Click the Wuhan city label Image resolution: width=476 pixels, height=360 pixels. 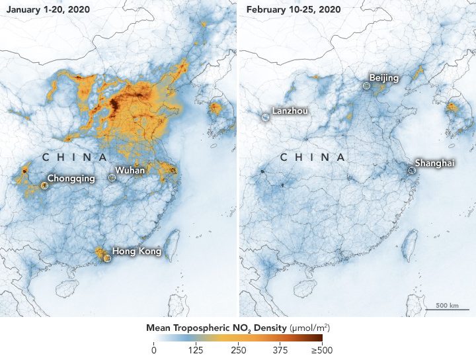tap(130, 171)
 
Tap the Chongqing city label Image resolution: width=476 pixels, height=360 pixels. tap(71, 179)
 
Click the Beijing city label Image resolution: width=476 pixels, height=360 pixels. tap(384, 78)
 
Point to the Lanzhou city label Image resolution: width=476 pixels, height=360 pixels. tap(290, 111)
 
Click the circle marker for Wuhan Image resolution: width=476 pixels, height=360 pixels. tap(112, 178)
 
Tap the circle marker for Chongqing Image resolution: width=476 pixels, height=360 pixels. tap(44, 186)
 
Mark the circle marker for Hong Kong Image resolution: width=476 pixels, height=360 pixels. tap(106, 259)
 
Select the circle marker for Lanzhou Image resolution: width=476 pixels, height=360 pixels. tap(265, 117)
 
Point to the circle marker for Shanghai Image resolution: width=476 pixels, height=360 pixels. tap(411, 170)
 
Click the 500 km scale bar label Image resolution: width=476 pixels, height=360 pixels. tap(448, 306)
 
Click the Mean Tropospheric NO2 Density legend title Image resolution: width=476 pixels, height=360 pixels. tap(237, 328)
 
